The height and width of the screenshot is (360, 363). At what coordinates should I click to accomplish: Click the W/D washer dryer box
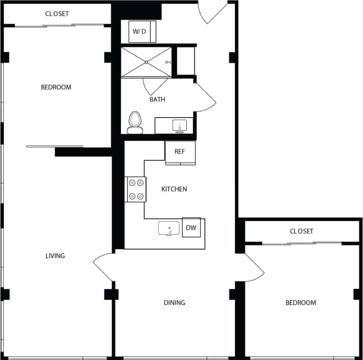point(139,32)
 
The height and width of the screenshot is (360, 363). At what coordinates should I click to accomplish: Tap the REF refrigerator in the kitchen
point(180,152)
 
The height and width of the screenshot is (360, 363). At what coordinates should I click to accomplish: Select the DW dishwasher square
point(191,228)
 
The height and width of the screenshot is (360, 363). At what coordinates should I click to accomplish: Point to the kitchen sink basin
point(169,228)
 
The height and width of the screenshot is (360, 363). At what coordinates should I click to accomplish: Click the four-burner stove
point(135,189)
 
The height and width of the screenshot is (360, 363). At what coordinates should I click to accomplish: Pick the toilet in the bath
point(136,121)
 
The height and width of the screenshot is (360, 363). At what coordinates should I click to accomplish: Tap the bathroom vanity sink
point(180,126)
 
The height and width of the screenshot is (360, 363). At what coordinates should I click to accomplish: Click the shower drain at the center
point(146,61)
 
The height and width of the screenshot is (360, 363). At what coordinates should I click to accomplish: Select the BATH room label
point(157,100)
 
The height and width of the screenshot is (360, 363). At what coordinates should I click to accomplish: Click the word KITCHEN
point(174,189)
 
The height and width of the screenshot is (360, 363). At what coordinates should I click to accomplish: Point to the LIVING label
point(55,256)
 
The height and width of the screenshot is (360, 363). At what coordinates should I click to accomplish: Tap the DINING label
point(174,303)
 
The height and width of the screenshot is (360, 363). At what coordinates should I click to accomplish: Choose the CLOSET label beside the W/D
point(57,14)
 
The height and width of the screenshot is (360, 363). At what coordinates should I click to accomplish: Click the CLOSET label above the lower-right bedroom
point(301,231)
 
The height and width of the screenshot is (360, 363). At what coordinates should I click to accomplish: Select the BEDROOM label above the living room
point(56,87)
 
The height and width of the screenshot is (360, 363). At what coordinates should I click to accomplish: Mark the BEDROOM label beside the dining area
point(300,303)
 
